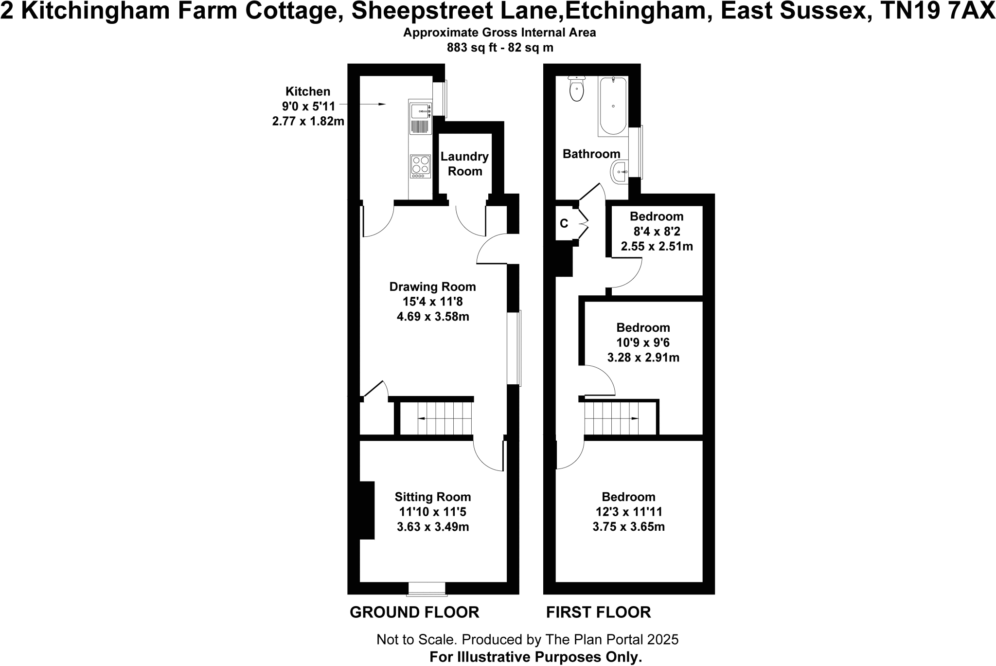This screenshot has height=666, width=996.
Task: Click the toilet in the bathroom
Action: click(x=576, y=90)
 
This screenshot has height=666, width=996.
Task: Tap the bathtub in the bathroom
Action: click(x=613, y=106)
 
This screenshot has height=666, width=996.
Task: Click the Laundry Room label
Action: click(x=464, y=164)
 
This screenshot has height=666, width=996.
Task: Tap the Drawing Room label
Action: click(x=432, y=287)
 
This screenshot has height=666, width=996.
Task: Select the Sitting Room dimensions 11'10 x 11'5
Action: click(x=432, y=512)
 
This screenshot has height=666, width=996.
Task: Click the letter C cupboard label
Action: click(x=564, y=224)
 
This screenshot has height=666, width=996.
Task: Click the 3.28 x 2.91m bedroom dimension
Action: click(x=643, y=358)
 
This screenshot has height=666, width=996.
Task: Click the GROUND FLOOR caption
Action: click(x=414, y=612)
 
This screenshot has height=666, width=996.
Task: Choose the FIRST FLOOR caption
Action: click(x=598, y=612)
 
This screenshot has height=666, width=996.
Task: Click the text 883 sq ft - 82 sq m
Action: click(x=499, y=48)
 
